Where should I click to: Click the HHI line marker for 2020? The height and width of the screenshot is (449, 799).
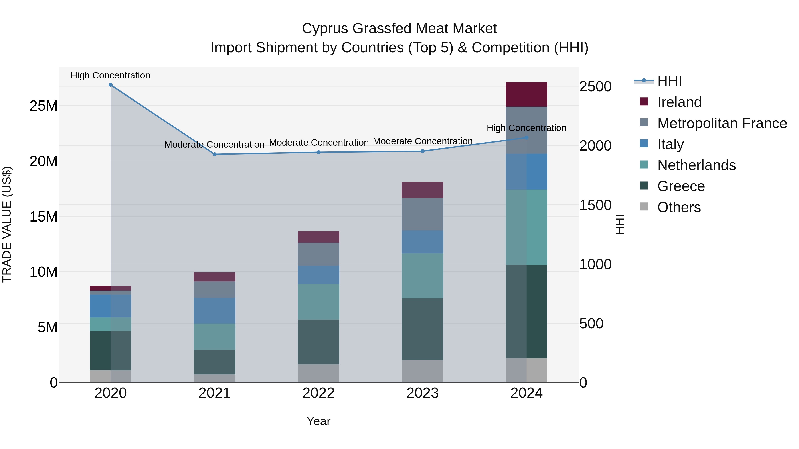click(111, 85)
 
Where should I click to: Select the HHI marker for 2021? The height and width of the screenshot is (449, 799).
click(214, 154)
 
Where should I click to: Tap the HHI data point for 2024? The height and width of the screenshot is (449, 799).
click(526, 137)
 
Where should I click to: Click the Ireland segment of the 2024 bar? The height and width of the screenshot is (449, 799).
click(526, 94)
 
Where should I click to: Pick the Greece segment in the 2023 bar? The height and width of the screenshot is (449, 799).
click(422, 329)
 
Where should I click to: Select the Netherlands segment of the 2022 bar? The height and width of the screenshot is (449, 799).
click(318, 302)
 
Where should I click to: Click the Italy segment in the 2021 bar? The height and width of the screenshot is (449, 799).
click(214, 310)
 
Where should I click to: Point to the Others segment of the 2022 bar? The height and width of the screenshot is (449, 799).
click(318, 373)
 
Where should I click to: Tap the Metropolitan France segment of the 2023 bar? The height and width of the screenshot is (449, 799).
click(422, 214)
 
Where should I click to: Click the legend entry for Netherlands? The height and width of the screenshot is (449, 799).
click(696, 165)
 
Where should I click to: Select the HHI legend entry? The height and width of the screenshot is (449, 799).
click(669, 81)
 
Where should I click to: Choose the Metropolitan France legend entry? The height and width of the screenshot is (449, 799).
click(722, 123)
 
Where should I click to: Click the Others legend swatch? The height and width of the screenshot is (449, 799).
click(644, 207)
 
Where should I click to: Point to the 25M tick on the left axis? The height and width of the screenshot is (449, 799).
click(44, 106)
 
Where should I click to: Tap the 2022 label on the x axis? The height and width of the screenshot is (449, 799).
click(318, 393)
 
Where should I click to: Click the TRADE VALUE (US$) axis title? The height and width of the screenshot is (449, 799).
click(7, 224)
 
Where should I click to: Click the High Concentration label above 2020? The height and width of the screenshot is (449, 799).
click(111, 75)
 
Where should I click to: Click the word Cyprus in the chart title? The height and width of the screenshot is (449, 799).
click(325, 29)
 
